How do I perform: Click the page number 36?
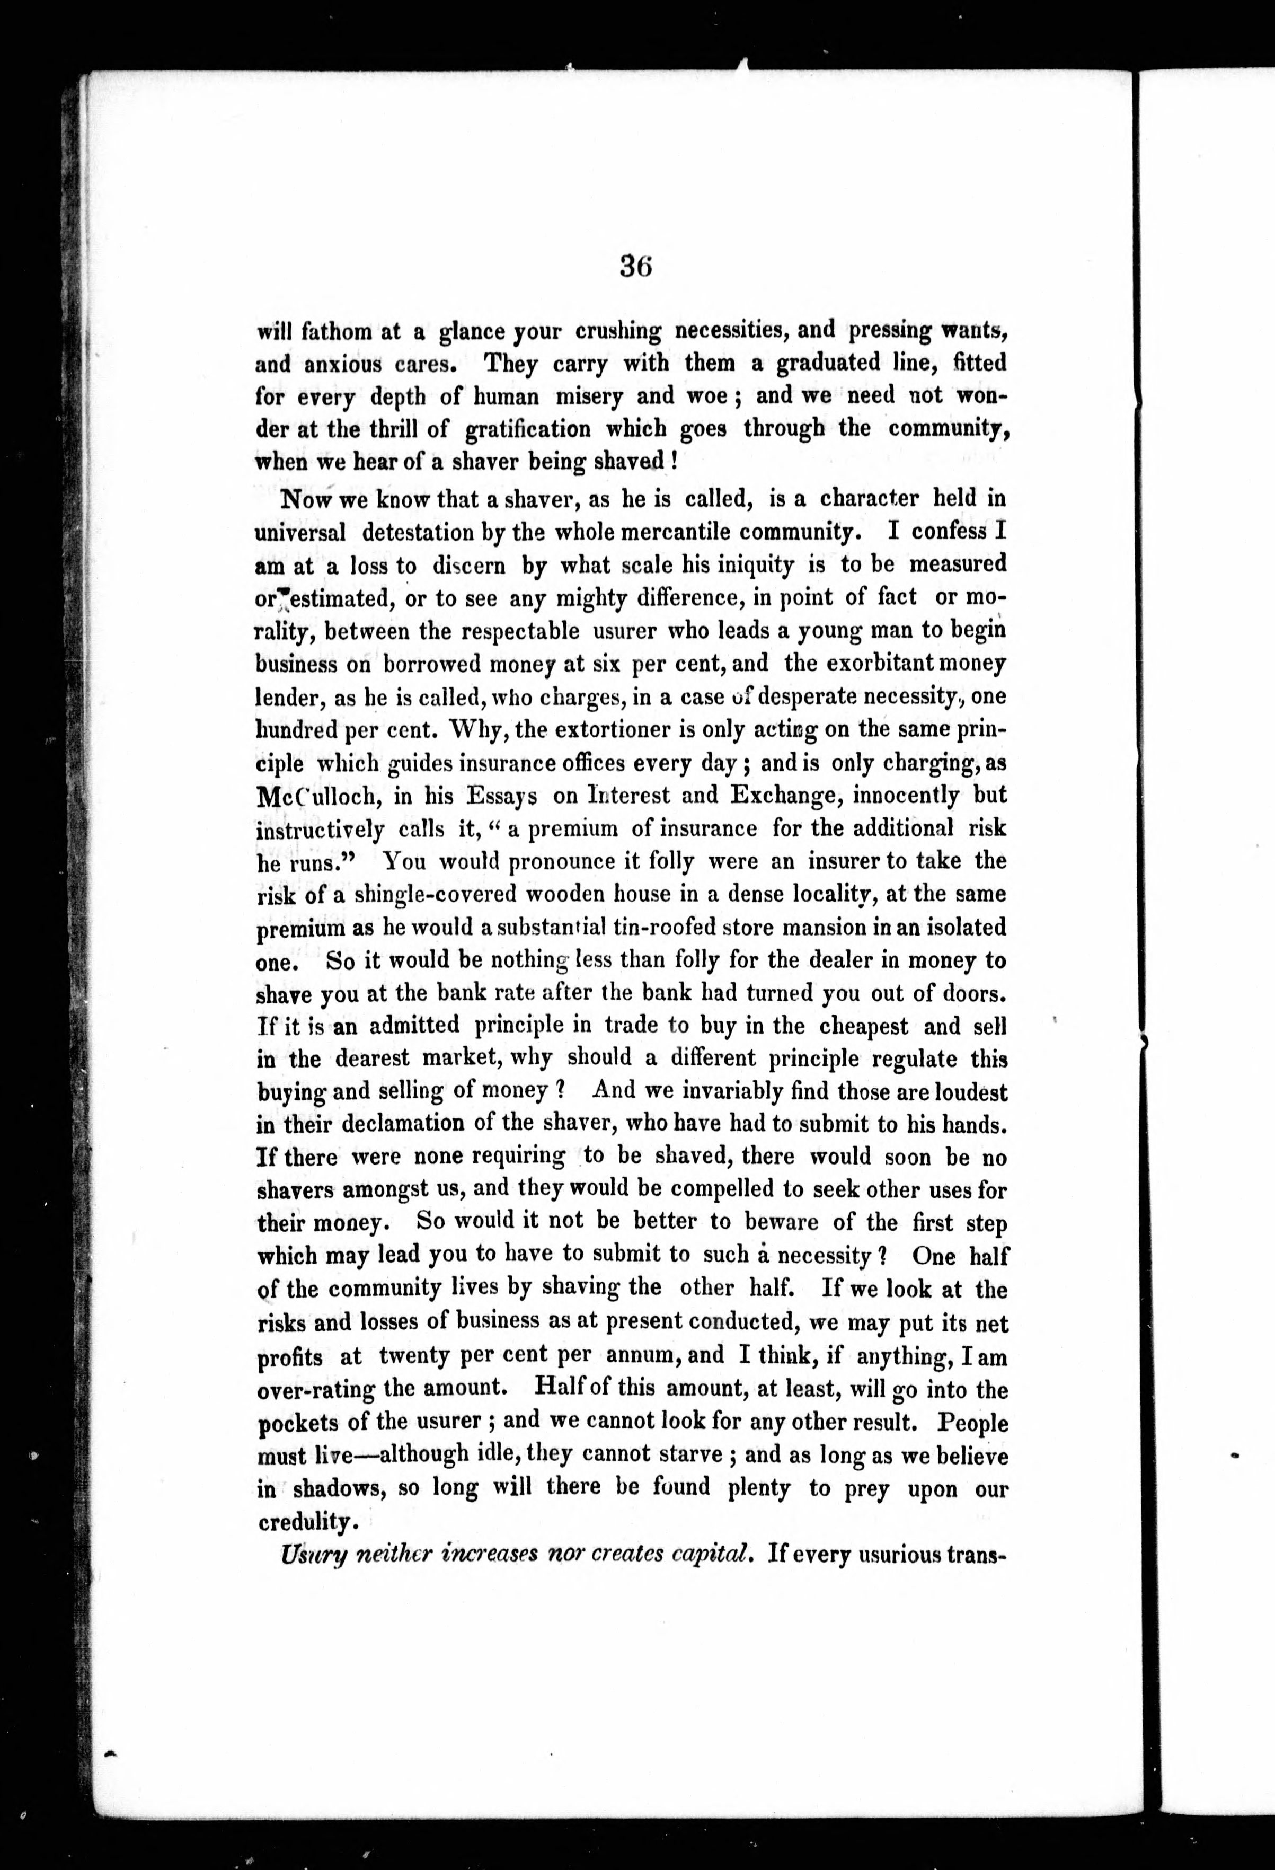pos(635,266)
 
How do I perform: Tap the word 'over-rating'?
pos(316,1390)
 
